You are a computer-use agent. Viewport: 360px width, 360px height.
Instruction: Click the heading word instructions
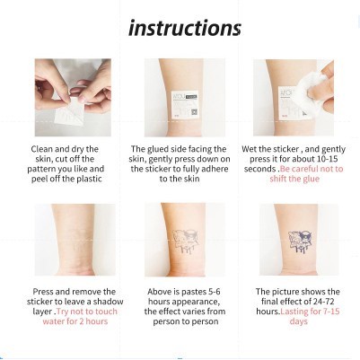coord(185,28)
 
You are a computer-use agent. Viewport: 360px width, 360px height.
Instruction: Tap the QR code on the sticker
coord(194,112)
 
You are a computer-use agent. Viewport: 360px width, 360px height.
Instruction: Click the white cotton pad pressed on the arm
coord(312,86)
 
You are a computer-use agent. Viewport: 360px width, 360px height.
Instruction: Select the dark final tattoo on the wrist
coord(300,241)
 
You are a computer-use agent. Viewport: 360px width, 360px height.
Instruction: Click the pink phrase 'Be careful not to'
coord(312,169)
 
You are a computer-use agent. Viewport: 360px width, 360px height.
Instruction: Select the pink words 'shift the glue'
coord(294,179)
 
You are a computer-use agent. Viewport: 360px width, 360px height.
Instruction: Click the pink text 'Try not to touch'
coord(87,312)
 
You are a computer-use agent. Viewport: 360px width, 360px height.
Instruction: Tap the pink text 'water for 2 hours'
coord(75,321)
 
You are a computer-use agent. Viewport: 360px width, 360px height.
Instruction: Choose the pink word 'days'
coord(299,321)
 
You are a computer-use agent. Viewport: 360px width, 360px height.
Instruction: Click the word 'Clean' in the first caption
coord(41,149)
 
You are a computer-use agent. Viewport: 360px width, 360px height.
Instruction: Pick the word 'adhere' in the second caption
coord(215,169)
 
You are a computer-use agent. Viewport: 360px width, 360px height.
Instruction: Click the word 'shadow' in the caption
coord(108,302)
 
